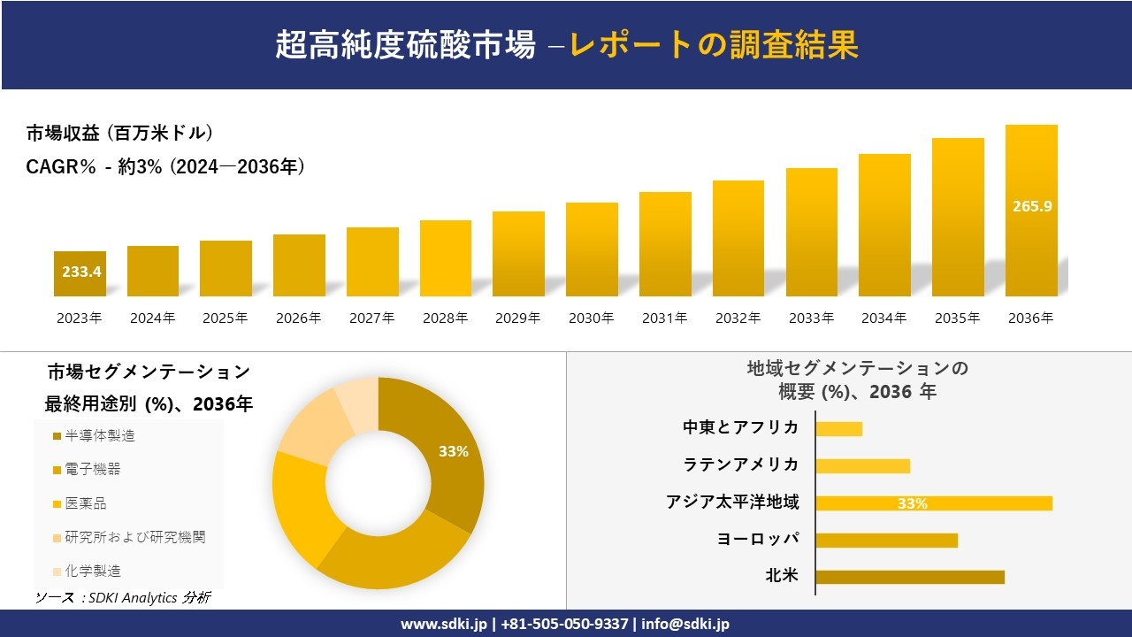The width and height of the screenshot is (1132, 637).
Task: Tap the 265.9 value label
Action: [1031, 206]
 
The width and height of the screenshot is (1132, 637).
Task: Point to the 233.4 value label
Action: [81, 272]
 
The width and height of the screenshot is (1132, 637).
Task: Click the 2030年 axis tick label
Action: [591, 318]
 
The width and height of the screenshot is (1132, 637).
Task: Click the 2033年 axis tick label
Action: [811, 318]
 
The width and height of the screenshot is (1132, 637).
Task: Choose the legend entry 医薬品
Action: [85, 503]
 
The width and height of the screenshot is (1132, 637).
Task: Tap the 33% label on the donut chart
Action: [454, 451]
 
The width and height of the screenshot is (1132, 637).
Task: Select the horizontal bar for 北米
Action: [909, 577]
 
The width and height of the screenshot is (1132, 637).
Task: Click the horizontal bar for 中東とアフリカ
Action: [838, 428]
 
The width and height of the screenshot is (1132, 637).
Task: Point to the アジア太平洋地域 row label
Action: [732, 503]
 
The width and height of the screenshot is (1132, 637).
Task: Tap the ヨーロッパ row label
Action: [758, 540]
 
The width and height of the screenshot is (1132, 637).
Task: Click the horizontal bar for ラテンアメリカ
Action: [862, 465]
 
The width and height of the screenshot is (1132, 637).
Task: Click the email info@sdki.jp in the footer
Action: [685, 624]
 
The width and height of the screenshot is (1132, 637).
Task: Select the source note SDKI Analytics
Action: [122, 598]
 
